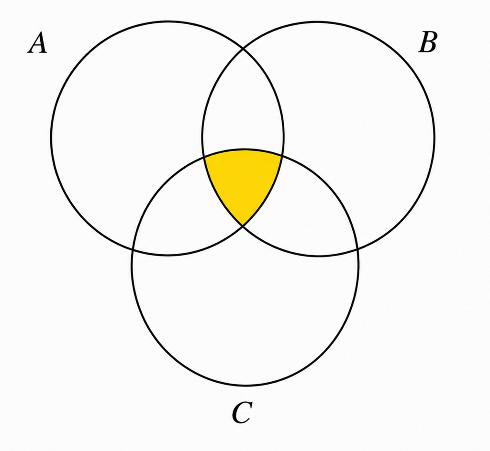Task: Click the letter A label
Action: (38, 43)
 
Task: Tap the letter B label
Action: (428, 43)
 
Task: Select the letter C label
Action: (242, 412)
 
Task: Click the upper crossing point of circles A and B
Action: (243, 49)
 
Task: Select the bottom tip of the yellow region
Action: (243, 225)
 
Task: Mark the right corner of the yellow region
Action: (282, 154)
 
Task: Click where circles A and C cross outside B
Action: (133, 250)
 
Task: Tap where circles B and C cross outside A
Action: (357, 249)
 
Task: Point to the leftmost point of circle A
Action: (51, 137)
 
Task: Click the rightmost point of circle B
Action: (434, 137)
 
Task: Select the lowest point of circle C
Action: (245, 386)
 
